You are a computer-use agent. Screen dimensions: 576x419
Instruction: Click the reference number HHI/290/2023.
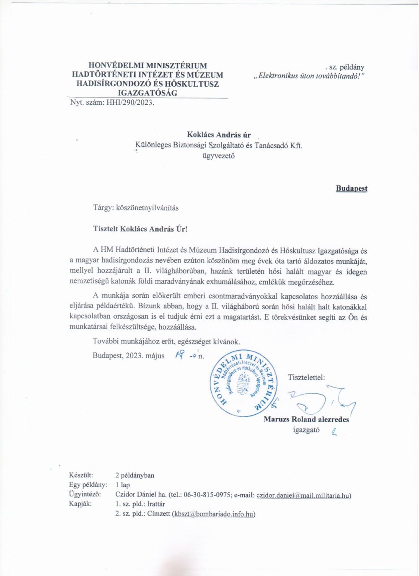click(131, 102)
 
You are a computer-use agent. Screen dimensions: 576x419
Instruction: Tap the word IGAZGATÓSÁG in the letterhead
click(147, 93)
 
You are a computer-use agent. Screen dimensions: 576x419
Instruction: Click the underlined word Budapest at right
click(351, 188)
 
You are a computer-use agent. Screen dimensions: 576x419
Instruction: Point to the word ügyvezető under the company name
click(218, 156)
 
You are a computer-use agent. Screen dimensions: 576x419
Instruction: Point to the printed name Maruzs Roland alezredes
click(306, 419)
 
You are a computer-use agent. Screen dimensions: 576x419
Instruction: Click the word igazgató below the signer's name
click(306, 430)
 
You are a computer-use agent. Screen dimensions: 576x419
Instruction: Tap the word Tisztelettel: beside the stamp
click(306, 377)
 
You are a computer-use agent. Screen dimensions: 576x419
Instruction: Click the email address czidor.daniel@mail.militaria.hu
click(303, 495)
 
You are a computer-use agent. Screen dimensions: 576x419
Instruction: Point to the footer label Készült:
click(81, 475)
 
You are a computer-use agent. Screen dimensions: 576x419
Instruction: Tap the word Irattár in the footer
click(156, 504)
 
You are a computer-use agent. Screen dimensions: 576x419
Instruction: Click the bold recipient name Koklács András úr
click(218, 134)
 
